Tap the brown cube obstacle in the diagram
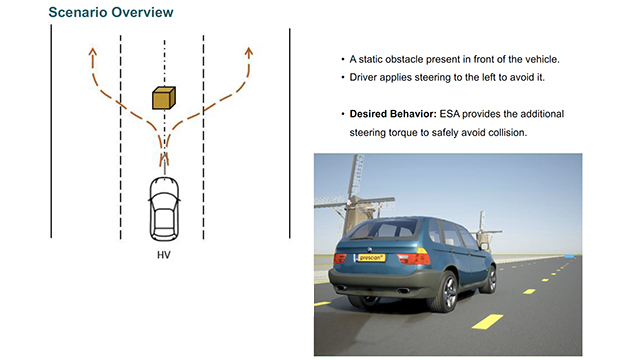point(164,97)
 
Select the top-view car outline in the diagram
point(165,209)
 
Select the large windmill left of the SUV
point(345,200)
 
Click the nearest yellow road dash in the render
point(487,320)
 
